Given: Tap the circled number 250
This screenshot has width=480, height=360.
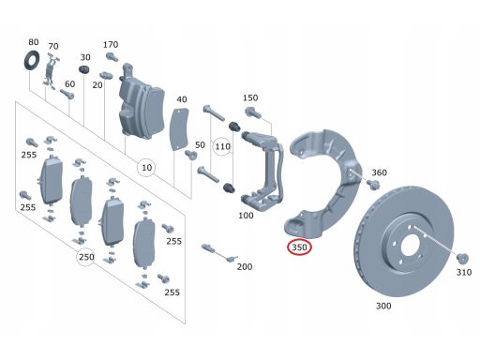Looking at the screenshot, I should pos(86,256).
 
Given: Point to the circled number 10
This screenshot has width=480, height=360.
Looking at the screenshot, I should pos(145,168).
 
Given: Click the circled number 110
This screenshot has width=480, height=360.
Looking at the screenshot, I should pos(222,147).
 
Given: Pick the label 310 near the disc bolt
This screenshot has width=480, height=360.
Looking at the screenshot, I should pos(463,273).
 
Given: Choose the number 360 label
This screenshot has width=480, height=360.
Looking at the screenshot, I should pos(379,172).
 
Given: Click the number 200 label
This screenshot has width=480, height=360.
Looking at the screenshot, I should pos(244,267).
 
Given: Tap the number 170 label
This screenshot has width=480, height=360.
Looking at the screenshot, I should pos(111,44).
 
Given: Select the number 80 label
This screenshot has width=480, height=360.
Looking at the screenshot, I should pos(34,42).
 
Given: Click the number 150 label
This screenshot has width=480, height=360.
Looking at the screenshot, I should pos(249,98).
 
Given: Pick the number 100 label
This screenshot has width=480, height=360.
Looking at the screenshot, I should pos(246,216).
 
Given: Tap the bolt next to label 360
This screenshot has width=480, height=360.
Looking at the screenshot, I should pos(372,185).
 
